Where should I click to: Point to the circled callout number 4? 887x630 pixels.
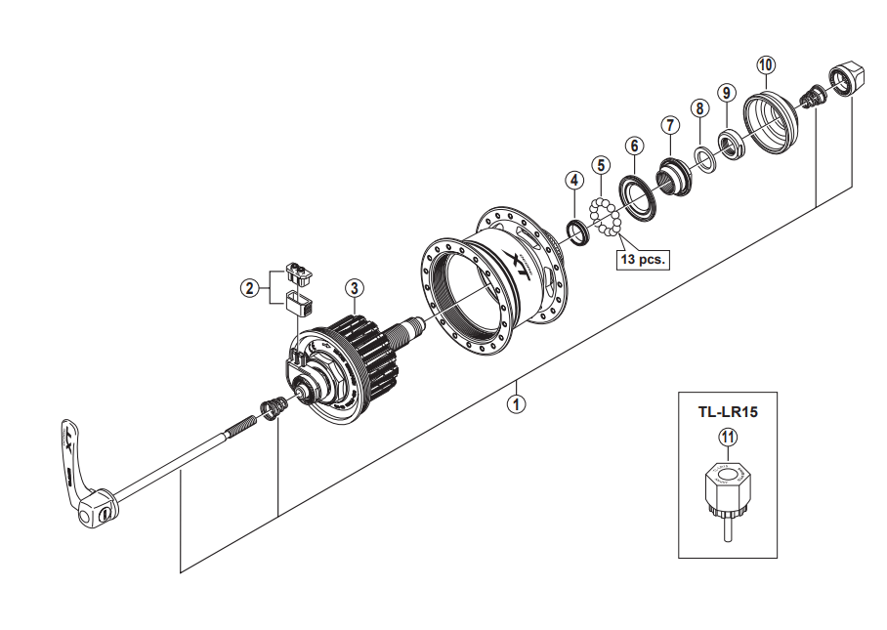[x=574, y=181]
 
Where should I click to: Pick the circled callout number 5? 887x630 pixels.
[x=601, y=164]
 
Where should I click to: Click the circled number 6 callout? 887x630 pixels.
[x=634, y=146]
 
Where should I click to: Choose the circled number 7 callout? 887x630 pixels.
[x=669, y=125]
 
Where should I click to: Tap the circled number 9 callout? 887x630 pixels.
[x=725, y=93]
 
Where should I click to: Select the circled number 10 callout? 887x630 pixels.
[x=765, y=64]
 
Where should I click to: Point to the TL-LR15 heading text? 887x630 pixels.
[x=727, y=411]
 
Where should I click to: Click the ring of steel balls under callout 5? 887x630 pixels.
[x=606, y=217]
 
